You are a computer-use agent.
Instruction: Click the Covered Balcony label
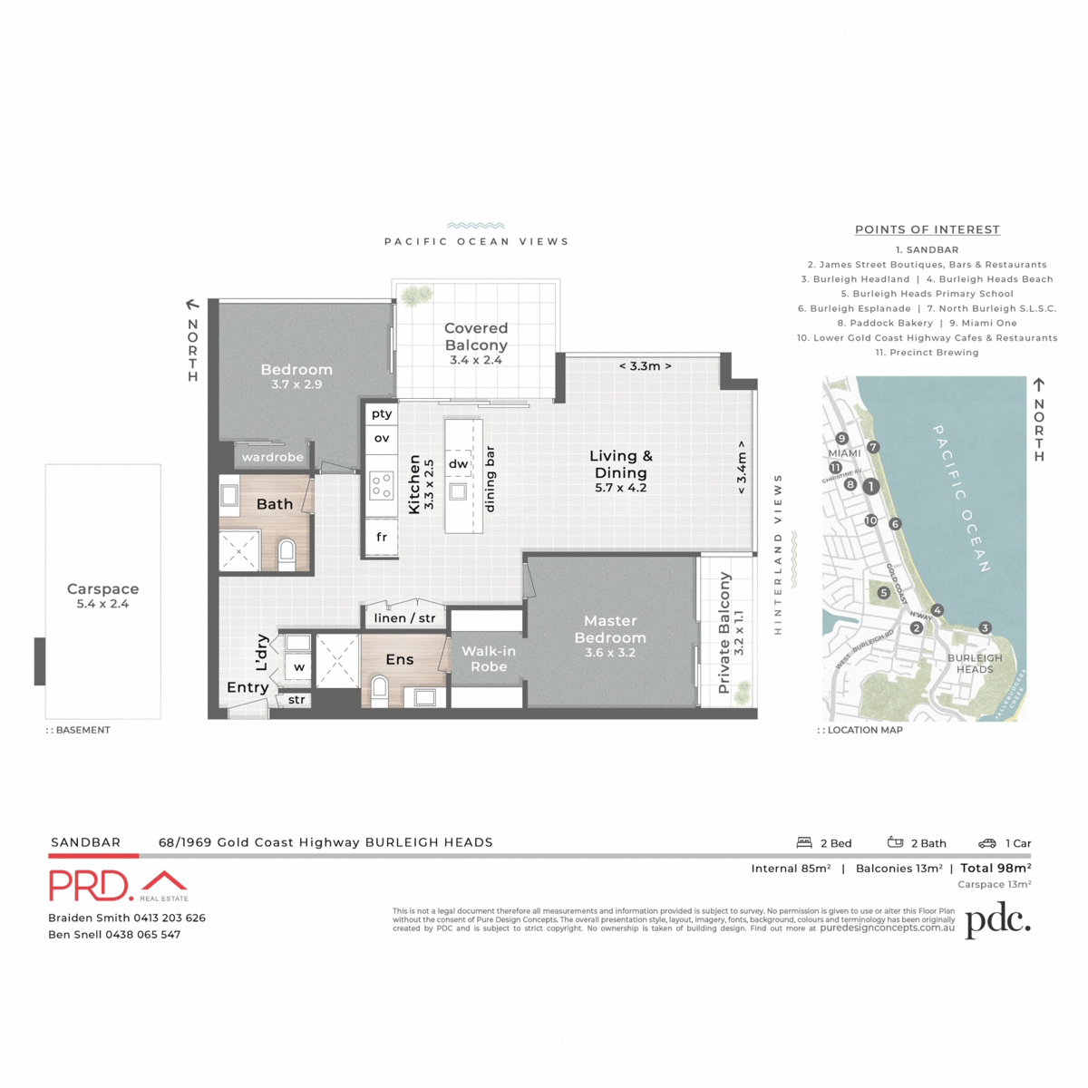[475, 337]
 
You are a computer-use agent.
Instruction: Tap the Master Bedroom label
[610, 629]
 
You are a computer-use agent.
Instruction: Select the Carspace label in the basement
[102, 589]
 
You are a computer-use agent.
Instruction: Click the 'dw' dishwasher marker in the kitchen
[459, 463]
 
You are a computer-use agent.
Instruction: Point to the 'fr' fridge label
[382, 537]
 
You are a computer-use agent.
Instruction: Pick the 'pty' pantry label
[382, 413]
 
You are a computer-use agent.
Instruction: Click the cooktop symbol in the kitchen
[382, 485]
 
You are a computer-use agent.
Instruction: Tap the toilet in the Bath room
[287, 552]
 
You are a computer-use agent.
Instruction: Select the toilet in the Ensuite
[379, 692]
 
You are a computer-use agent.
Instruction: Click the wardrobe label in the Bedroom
[272, 457]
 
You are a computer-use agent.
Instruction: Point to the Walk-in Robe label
[488, 659]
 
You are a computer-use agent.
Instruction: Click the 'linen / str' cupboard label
[404, 618]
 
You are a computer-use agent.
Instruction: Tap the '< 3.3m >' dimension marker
[645, 366]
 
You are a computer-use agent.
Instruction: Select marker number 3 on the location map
[985, 627]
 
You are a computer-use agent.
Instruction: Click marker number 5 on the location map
[883, 593]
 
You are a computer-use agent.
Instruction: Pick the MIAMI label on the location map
[844, 453]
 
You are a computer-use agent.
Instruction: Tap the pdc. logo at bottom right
[997, 920]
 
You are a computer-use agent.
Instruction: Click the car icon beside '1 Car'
[986, 843]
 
